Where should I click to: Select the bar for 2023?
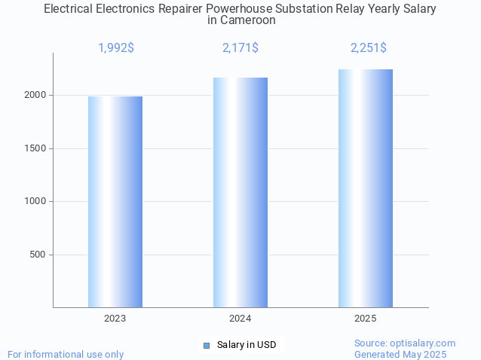(115, 202)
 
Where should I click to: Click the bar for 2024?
(240, 192)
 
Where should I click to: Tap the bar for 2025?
(366, 188)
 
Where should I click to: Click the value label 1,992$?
(116, 48)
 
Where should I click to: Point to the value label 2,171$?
(240, 48)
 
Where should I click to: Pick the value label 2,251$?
(369, 48)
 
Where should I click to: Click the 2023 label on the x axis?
(115, 319)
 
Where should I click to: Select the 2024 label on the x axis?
(240, 319)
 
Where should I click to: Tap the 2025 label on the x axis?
(366, 319)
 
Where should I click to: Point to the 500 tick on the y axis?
(38, 255)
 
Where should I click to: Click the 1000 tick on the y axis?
(35, 201)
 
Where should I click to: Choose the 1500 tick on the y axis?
(35, 148)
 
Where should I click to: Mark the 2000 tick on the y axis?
(35, 96)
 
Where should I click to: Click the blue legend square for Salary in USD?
(207, 345)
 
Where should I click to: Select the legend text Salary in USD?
(247, 345)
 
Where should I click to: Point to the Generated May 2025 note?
(400, 354)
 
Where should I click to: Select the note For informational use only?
(66, 354)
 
